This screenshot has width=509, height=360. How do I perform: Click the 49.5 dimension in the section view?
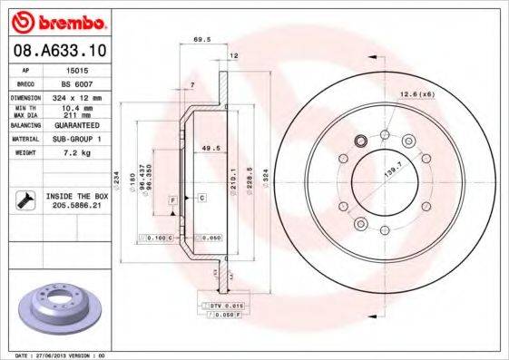210,148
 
